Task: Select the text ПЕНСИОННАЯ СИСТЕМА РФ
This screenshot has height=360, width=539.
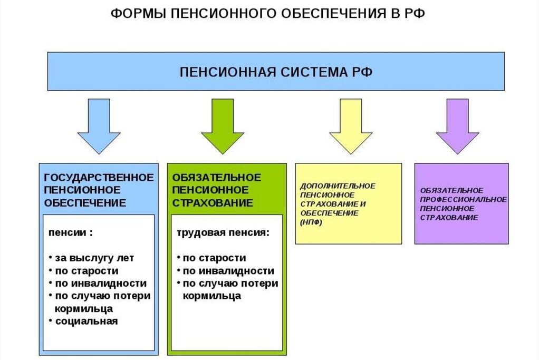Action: (x=276, y=72)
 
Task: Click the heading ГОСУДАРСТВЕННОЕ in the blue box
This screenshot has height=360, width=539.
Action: (x=99, y=177)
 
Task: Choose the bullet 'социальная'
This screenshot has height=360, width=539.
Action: (x=86, y=321)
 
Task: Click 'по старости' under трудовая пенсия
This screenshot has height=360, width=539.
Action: (x=214, y=258)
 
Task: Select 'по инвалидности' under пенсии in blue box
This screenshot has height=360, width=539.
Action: (x=100, y=284)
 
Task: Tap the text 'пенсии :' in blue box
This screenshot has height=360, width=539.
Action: (x=71, y=232)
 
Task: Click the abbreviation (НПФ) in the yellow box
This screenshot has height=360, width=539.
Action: (x=312, y=222)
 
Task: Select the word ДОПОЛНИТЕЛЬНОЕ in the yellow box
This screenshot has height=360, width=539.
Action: (x=338, y=186)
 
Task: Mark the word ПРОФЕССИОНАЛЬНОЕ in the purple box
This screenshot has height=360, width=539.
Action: (x=464, y=199)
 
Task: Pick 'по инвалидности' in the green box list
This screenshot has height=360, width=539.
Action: (x=228, y=271)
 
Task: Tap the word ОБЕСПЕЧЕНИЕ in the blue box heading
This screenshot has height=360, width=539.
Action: (x=84, y=203)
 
